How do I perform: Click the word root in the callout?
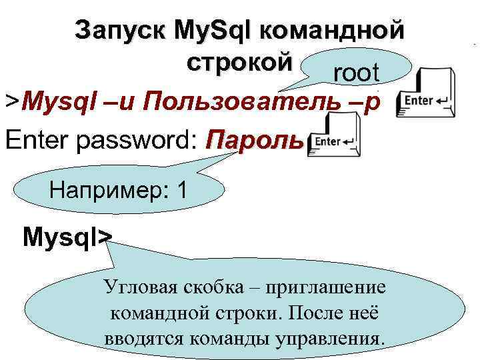[x=356, y=73]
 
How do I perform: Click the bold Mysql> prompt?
[x=67, y=237]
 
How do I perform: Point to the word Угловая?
[x=139, y=288]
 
